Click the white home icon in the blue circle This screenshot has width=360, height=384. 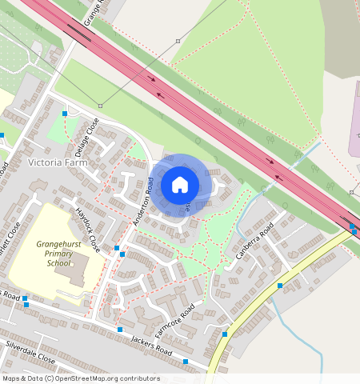pos(180,185)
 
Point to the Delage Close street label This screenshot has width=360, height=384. pos(88,133)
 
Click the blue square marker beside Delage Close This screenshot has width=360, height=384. pos(64,114)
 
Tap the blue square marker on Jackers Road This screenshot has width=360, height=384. pos(120,330)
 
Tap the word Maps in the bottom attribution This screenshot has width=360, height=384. pos(11,378)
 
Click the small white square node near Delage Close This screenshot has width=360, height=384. pos(101,106)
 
